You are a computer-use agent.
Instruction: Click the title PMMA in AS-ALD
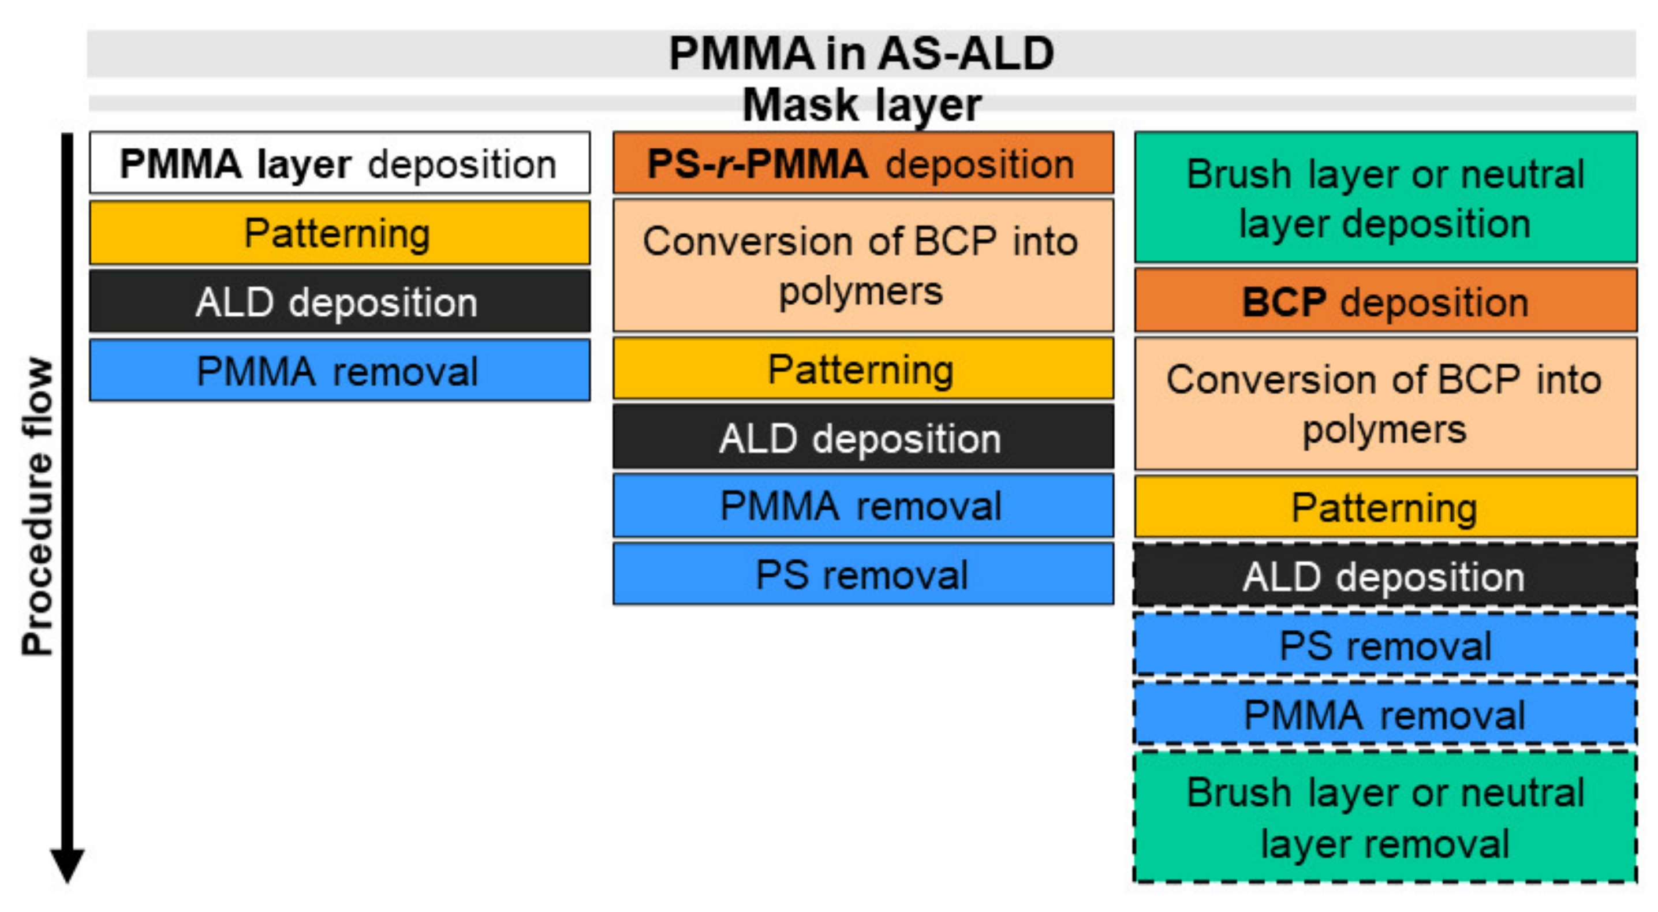[x=861, y=54]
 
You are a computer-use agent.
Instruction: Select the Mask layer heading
[x=861, y=105]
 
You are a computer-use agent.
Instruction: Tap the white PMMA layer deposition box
[x=339, y=163]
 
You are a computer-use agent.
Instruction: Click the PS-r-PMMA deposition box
[x=862, y=163]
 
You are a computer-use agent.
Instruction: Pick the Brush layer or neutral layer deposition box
[x=1385, y=197]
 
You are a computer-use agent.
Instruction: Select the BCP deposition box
[x=1385, y=301]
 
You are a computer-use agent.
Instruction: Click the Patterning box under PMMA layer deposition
[x=339, y=233]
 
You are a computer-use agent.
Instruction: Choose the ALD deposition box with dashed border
[x=1385, y=575]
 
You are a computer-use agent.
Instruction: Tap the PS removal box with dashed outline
[x=1385, y=645]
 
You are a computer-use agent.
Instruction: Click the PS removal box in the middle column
[x=862, y=573]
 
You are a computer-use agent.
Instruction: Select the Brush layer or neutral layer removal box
[x=1385, y=817]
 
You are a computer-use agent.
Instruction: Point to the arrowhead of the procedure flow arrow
[x=68, y=866]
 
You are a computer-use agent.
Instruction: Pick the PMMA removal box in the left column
[x=339, y=371]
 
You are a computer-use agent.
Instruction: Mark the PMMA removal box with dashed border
[x=1385, y=715]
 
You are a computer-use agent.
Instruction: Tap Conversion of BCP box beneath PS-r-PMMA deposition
[x=862, y=265]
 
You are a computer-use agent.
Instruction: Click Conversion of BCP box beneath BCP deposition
[x=1385, y=403]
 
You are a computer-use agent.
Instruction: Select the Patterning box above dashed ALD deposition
[x=1385, y=507]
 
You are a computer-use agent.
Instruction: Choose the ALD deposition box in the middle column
[x=862, y=438]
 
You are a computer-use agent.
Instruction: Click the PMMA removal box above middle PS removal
[x=862, y=505]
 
